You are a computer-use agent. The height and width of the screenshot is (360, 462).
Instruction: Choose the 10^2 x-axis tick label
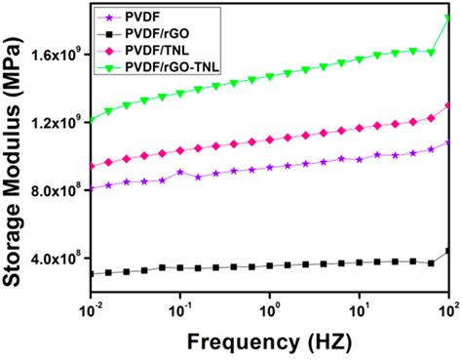tap(446, 310)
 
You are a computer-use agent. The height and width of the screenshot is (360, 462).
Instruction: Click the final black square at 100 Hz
tap(447, 252)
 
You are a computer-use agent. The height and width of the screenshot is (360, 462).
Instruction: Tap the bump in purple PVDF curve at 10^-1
tap(180, 172)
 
